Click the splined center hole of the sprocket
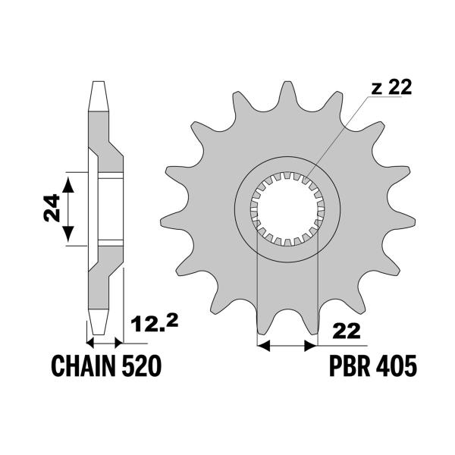287,209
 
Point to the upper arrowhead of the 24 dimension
69,179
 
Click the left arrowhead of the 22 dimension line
265,346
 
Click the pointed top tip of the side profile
96,82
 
